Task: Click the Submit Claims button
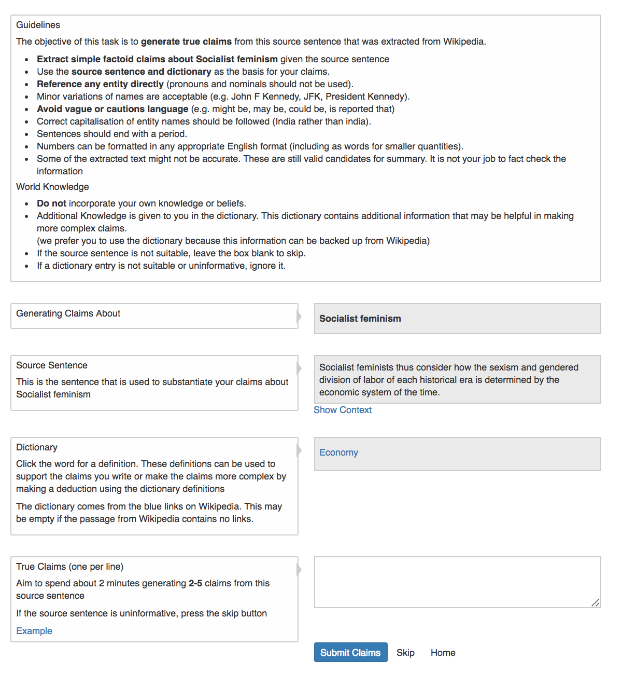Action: pyautogui.click(x=350, y=652)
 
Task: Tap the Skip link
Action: pyautogui.click(x=405, y=652)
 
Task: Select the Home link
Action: pyautogui.click(x=443, y=652)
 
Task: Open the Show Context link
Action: pyautogui.click(x=343, y=410)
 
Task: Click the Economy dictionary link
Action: pyautogui.click(x=338, y=452)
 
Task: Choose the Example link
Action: pyautogui.click(x=34, y=631)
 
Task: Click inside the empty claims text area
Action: pyautogui.click(x=456, y=581)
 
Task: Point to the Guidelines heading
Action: pyautogui.click(x=38, y=25)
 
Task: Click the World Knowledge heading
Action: pyautogui.click(x=52, y=187)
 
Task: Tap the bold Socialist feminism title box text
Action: pyautogui.click(x=360, y=319)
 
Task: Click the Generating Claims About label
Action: pyautogui.click(x=68, y=313)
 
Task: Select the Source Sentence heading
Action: pyautogui.click(x=52, y=365)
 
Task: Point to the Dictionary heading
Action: pyautogui.click(x=37, y=447)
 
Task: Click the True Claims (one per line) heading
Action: pyautogui.click(x=69, y=567)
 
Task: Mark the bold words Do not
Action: pyautogui.click(x=51, y=203)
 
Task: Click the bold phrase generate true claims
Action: pyautogui.click(x=186, y=42)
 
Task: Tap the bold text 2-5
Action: pyautogui.click(x=195, y=583)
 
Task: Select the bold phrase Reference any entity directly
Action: pyautogui.click(x=100, y=84)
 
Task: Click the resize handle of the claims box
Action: pyautogui.click(x=596, y=602)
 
